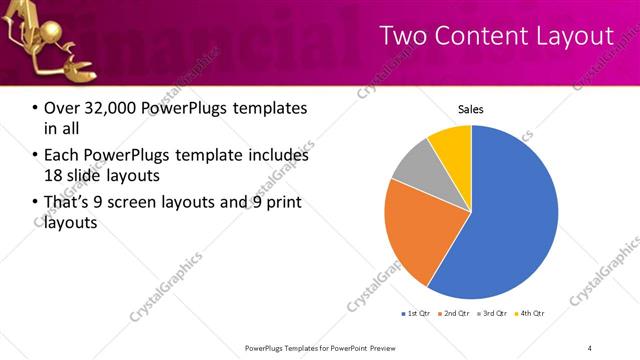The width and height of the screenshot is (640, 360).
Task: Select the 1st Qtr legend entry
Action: click(x=416, y=315)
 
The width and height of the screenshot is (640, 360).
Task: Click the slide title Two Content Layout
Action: click(x=496, y=37)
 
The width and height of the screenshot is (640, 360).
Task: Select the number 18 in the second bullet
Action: click(x=54, y=177)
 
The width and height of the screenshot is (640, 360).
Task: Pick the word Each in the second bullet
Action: click(x=61, y=156)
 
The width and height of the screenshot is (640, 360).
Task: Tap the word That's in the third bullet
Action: click(x=68, y=203)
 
